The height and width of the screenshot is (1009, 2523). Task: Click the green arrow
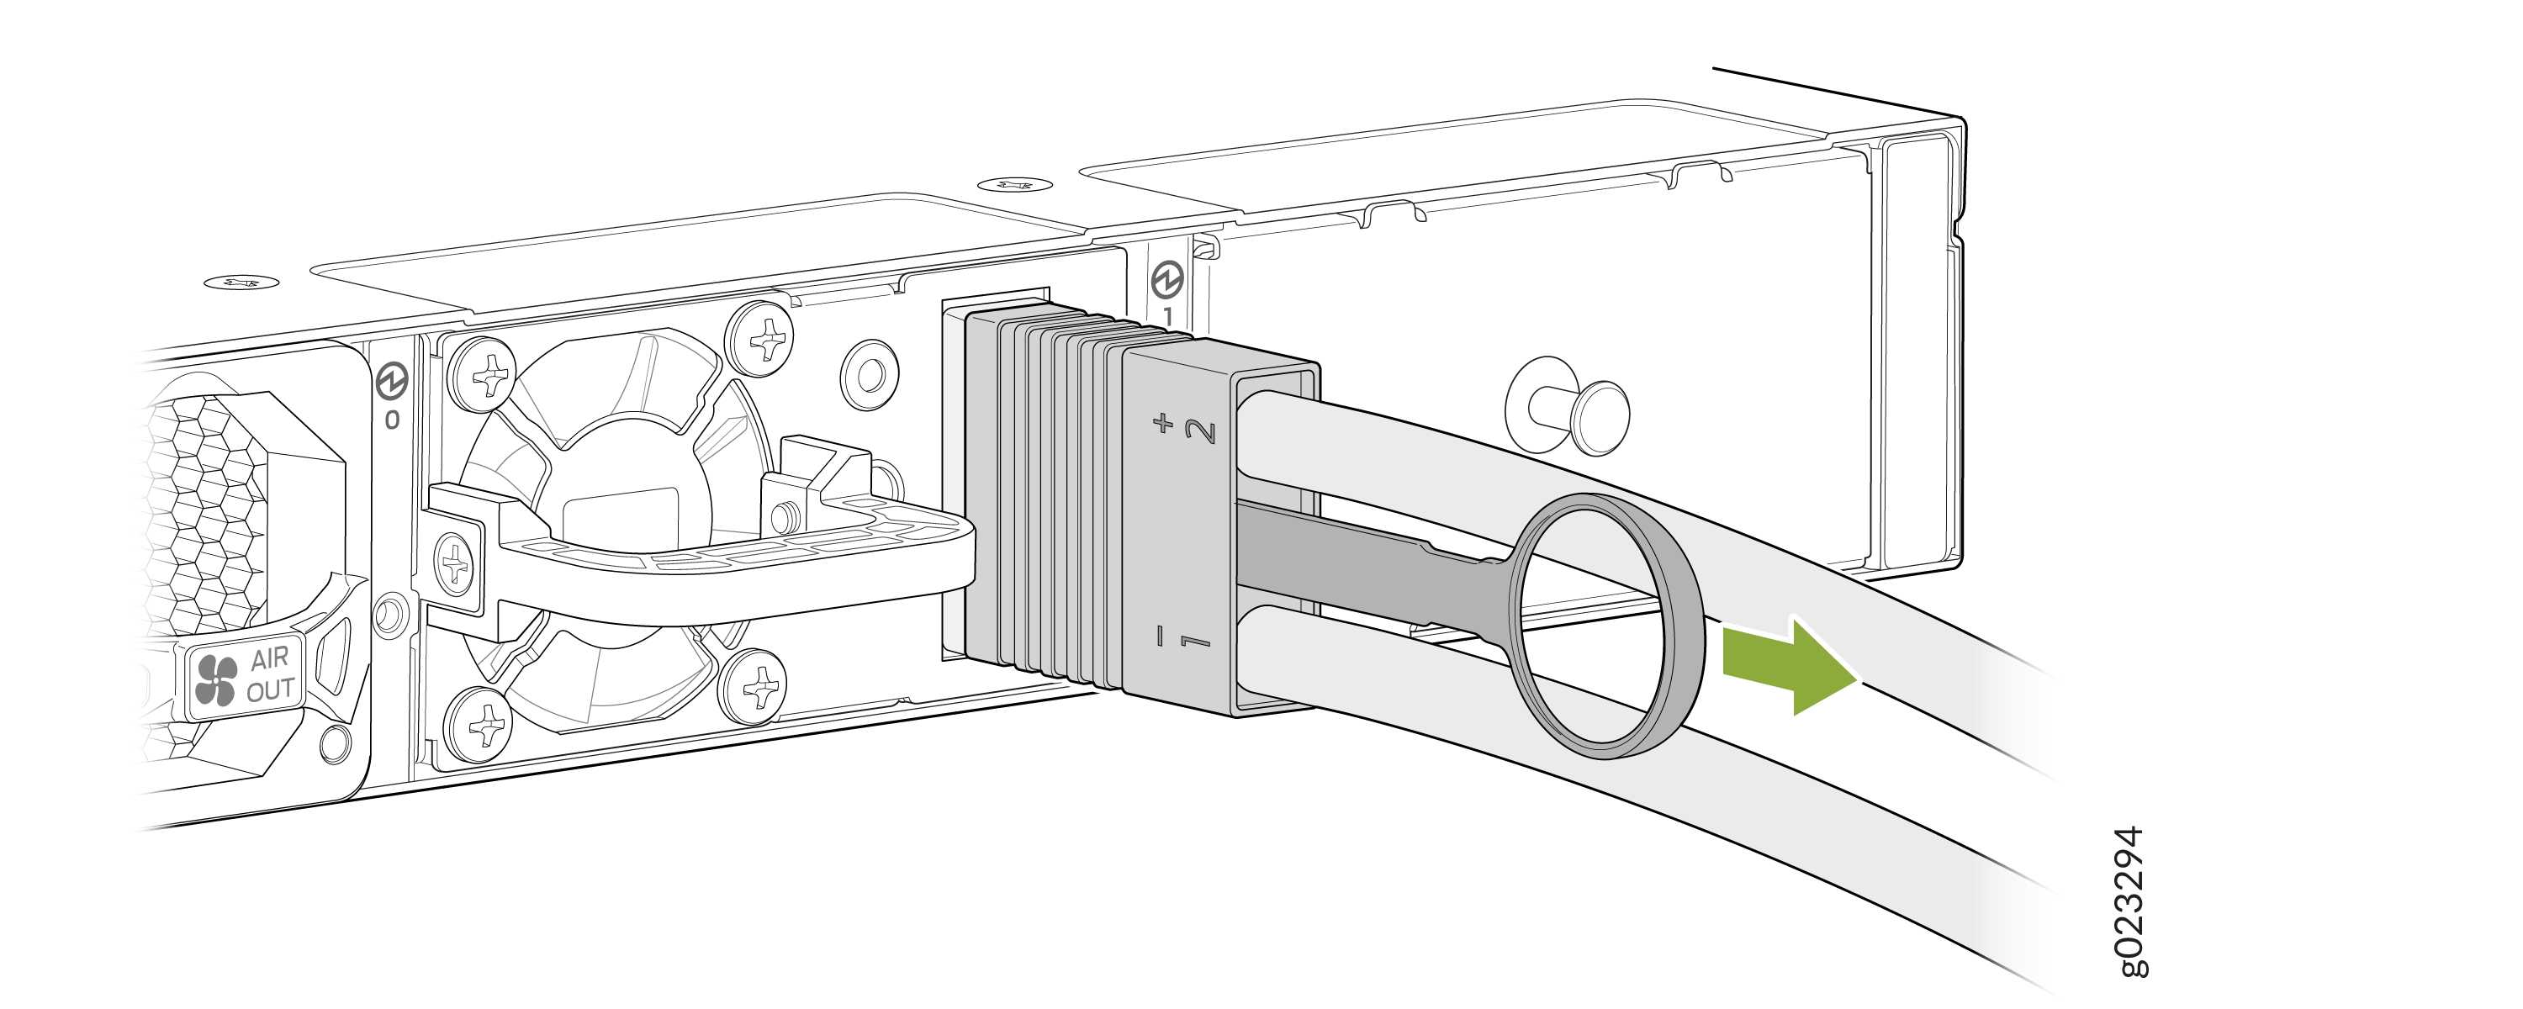pos(1790,665)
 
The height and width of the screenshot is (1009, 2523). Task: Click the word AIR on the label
pos(269,658)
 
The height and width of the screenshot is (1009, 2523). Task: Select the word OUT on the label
pos(270,690)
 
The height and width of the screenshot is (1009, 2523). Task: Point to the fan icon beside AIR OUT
pos(215,680)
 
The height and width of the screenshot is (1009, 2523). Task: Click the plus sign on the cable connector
pos(1162,423)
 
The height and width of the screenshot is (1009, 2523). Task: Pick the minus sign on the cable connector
pos(1161,636)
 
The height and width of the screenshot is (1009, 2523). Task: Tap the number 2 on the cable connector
pos(1201,431)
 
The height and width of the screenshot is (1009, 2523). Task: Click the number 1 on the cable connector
pos(1195,642)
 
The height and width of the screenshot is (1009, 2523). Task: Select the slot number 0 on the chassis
pos(392,420)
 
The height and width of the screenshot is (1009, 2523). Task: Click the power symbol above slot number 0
pos(392,381)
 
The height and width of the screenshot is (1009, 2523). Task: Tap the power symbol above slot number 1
pos(1166,279)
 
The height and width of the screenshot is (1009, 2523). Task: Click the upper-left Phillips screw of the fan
pos(482,373)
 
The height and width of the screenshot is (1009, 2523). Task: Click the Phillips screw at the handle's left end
pos(453,564)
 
